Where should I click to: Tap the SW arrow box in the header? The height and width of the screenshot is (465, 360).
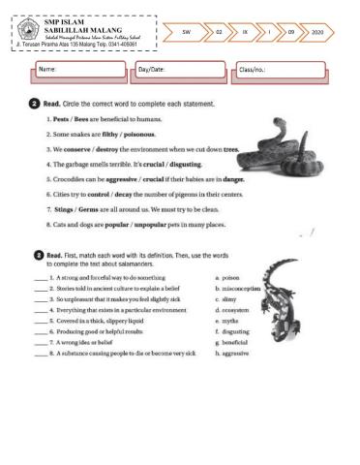[186, 31]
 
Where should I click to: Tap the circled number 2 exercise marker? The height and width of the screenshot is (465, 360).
[35, 103]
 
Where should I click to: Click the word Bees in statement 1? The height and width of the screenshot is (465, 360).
[83, 119]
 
